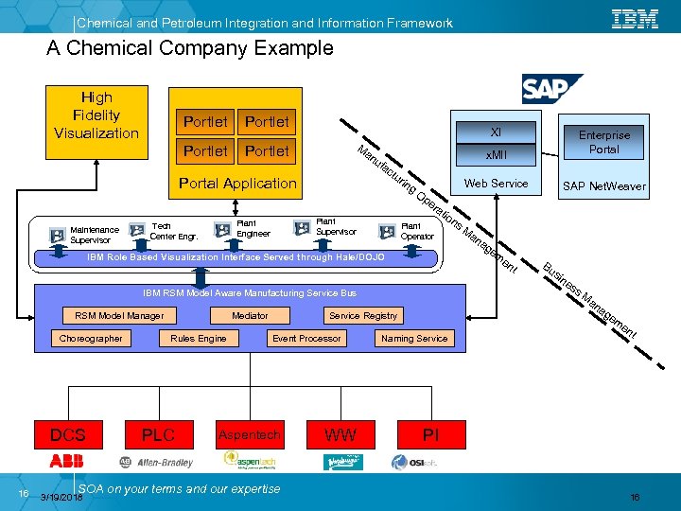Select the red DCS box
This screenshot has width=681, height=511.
pyautogui.click(x=67, y=435)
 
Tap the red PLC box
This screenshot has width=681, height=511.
pyautogui.click(x=158, y=435)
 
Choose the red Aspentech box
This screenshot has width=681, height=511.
pyautogui.click(x=249, y=435)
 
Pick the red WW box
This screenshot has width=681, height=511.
pyautogui.click(x=340, y=435)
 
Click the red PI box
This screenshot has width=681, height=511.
pyautogui.click(x=430, y=435)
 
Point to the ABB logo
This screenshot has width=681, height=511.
pyautogui.click(x=67, y=461)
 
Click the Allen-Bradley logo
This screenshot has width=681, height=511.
pyautogui.click(x=156, y=462)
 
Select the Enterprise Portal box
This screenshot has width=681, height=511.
pyautogui.click(x=603, y=142)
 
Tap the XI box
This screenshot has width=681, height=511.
pyautogui.click(x=495, y=133)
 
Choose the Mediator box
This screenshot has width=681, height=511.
pyautogui.click(x=250, y=315)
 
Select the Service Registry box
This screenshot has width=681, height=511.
pyautogui.click(x=363, y=315)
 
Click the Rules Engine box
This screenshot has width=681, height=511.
pyautogui.click(x=199, y=338)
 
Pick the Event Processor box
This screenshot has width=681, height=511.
pyautogui.click(x=306, y=338)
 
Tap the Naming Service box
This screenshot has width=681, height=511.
pyautogui.click(x=414, y=338)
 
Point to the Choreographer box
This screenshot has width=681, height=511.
pyautogui.click(x=91, y=338)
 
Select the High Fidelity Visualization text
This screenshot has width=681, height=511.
pyautogui.click(x=96, y=115)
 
